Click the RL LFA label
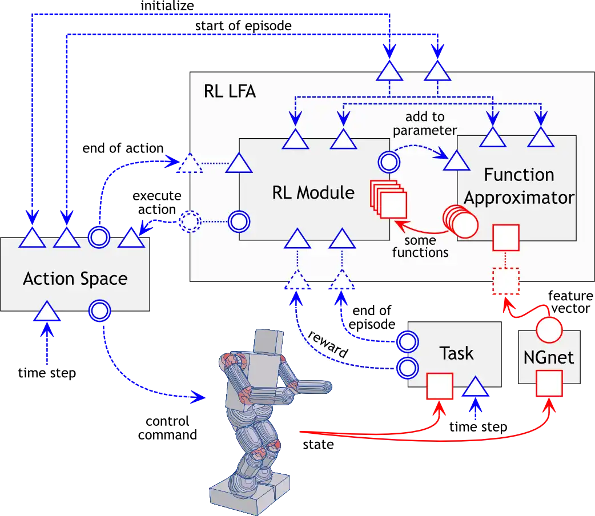tap(230, 92)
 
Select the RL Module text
tap(313, 192)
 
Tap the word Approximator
tap(518, 198)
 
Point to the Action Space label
tap(75, 279)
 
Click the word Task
tap(456, 353)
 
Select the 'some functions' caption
tap(420, 247)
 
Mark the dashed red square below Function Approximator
tap(504, 281)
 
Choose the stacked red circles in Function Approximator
tap(460, 221)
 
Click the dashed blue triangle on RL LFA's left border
tap(190, 164)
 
